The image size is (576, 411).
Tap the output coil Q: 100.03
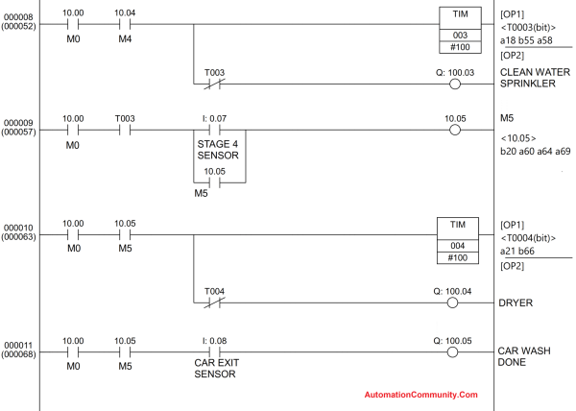[x=455, y=84]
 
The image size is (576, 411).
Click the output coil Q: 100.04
[x=455, y=302]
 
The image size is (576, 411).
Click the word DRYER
[x=517, y=302]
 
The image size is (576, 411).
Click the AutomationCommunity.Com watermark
[x=420, y=394]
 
